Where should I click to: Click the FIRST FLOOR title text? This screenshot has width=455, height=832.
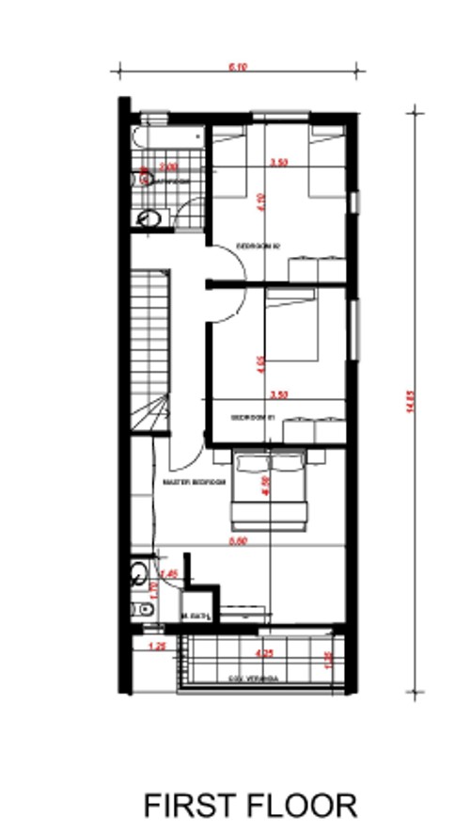pos(250,806)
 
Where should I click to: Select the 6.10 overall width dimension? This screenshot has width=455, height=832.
pos(237,67)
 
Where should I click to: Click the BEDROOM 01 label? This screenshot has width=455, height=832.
pos(253,415)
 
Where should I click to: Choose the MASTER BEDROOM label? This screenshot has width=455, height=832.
pos(195,482)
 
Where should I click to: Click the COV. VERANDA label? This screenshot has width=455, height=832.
pos(252,678)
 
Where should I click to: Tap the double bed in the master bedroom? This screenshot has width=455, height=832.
pos(270,489)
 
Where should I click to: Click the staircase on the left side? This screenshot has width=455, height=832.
pos(149,348)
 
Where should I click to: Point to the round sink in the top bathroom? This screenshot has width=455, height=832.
pos(149,219)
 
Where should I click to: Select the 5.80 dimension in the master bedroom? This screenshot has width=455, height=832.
pos(240,542)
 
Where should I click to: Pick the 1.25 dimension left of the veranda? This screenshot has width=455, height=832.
pos(157,647)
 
